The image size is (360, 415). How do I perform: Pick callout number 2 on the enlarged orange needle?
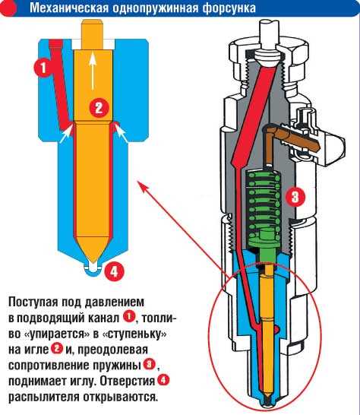pyautogui.click(x=96, y=106)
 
